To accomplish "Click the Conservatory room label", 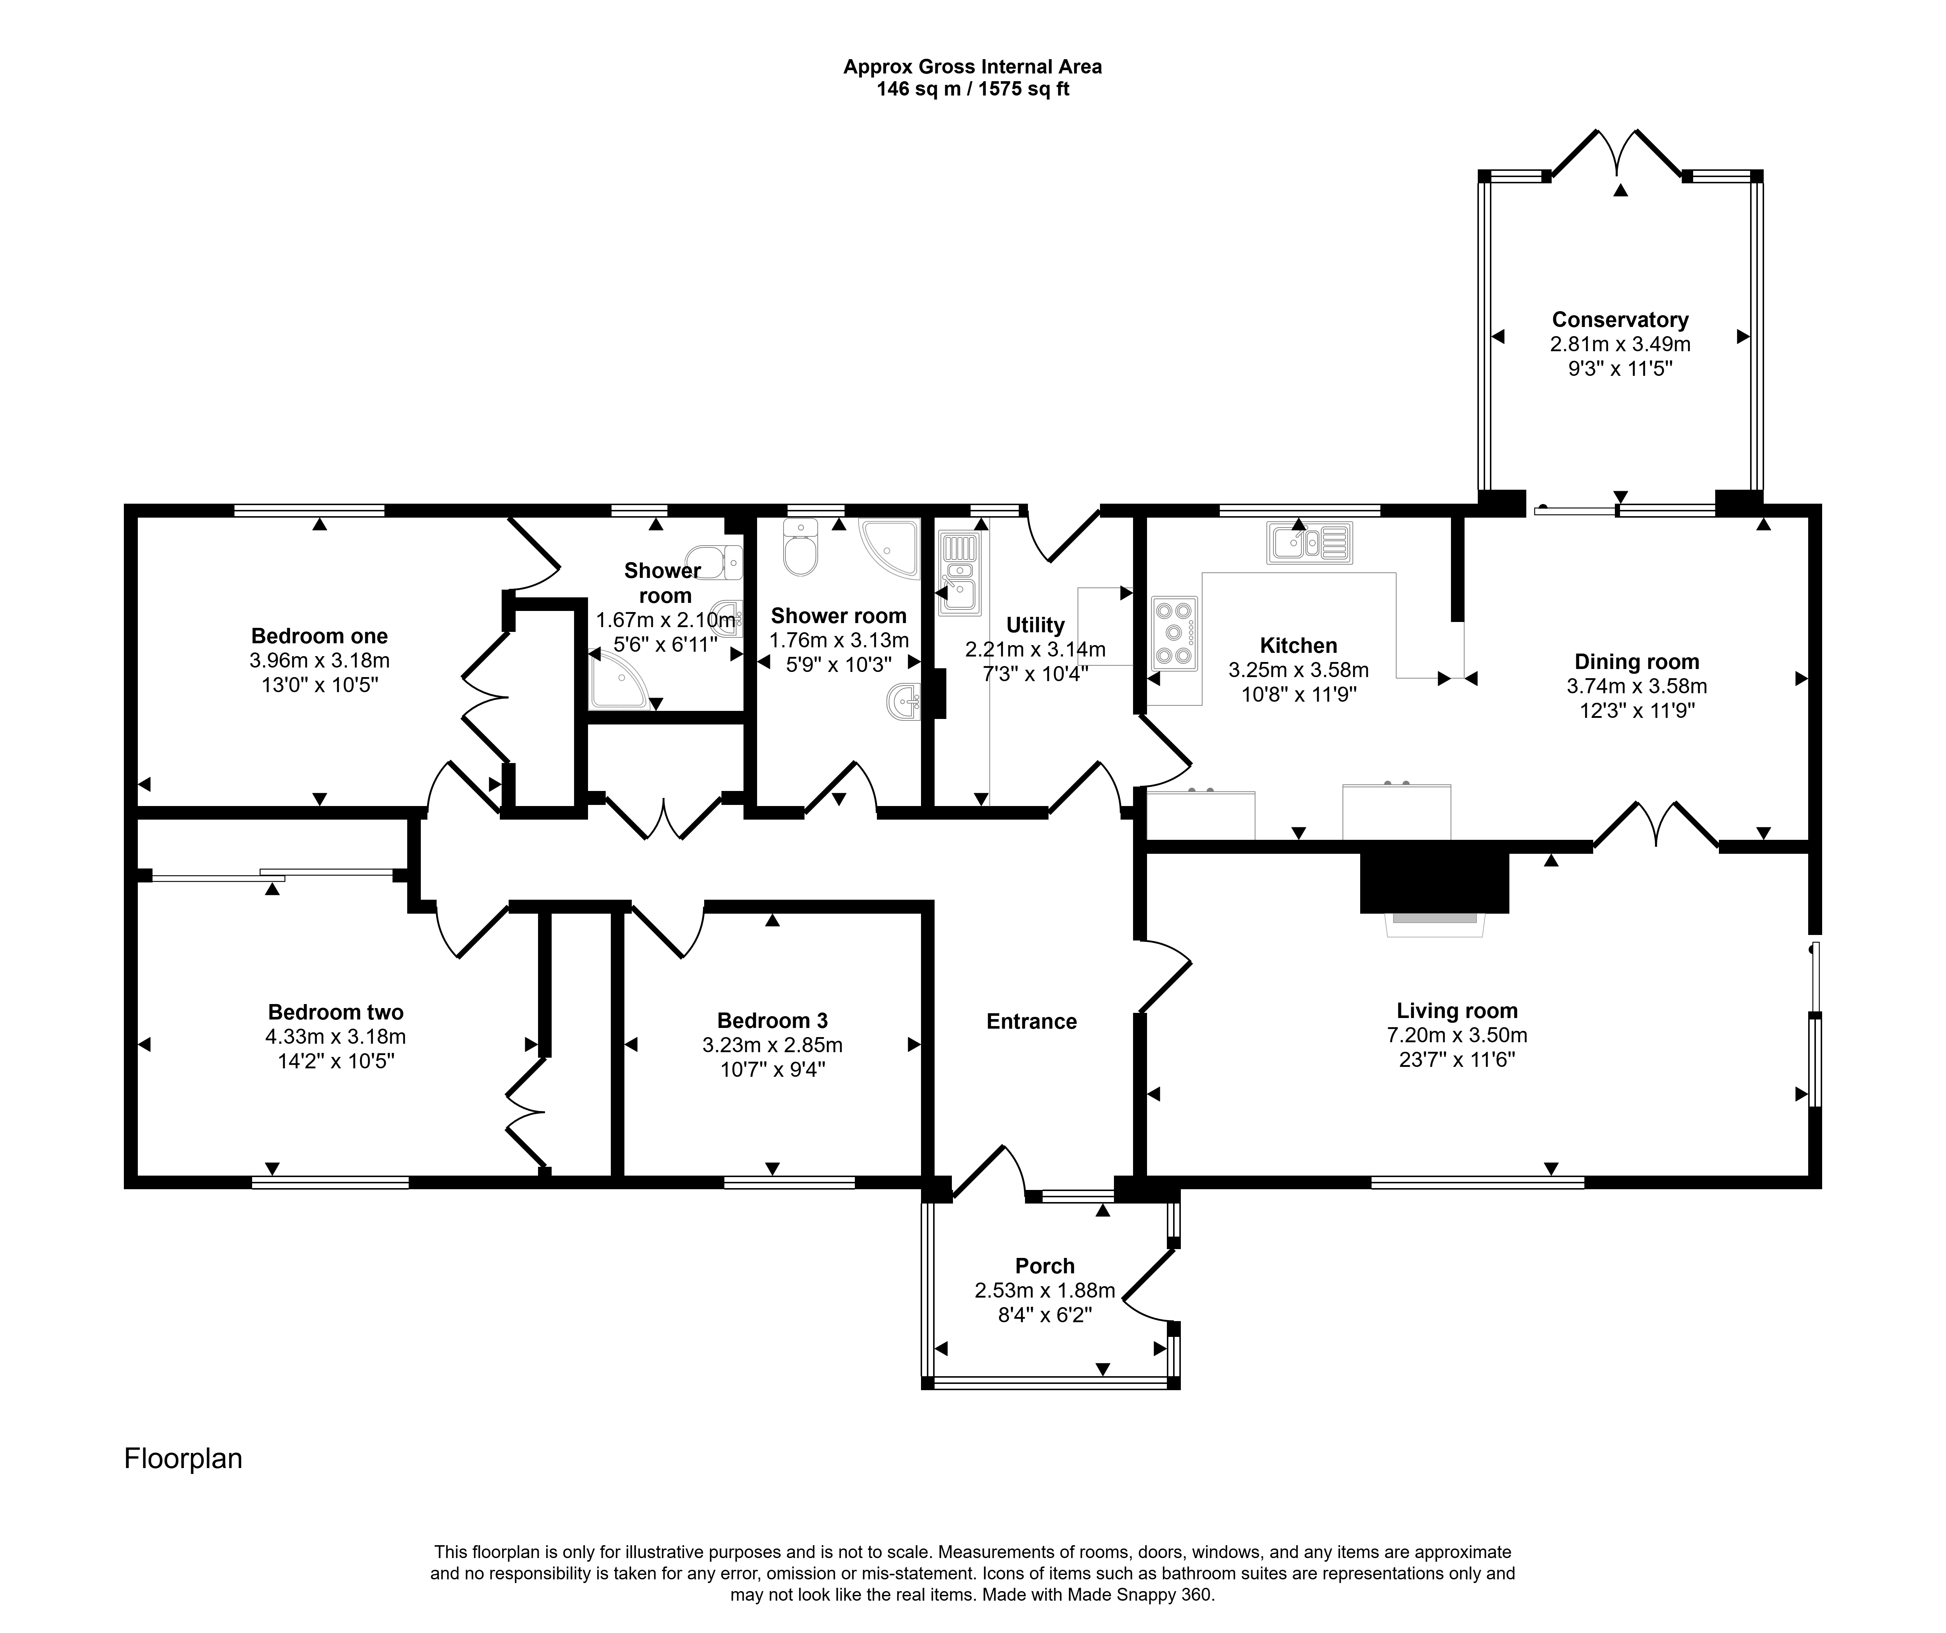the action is click(1620, 320).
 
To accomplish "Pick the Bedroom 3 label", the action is click(772, 1021).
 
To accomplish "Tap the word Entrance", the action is click(1031, 1022).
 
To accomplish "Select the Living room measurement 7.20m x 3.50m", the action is click(1457, 1036).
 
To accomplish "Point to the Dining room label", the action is click(1637, 662).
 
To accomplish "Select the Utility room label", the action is click(1035, 625).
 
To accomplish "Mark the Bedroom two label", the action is click(336, 1012).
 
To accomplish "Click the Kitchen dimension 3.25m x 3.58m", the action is click(1298, 670).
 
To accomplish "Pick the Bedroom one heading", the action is click(320, 636).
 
